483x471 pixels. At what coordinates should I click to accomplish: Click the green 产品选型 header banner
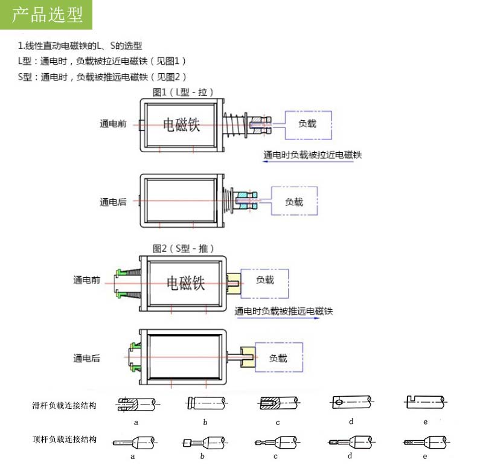[x=46, y=15]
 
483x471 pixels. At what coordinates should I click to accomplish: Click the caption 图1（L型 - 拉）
[x=183, y=92]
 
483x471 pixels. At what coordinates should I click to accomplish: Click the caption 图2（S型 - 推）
[x=184, y=248]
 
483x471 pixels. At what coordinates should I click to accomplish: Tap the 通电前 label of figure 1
[x=113, y=124]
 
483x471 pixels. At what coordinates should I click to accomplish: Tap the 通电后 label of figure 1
[x=113, y=202]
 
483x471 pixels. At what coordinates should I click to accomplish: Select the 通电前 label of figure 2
[x=86, y=280]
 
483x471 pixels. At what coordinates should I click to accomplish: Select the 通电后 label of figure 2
[x=86, y=358]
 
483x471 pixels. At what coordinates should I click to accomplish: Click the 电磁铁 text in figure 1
[x=182, y=125]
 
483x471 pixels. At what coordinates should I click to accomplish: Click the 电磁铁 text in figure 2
[x=186, y=282]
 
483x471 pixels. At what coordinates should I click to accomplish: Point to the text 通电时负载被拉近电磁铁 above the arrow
[x=312, y=155]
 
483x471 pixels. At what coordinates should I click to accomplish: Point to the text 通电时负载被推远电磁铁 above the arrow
[x=284, y=312]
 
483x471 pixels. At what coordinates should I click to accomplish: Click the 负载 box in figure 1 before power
[x=307, y=124]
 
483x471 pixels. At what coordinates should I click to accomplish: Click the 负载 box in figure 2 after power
[x=278, y=357]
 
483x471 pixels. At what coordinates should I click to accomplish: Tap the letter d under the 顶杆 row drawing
[x=350, y=456]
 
